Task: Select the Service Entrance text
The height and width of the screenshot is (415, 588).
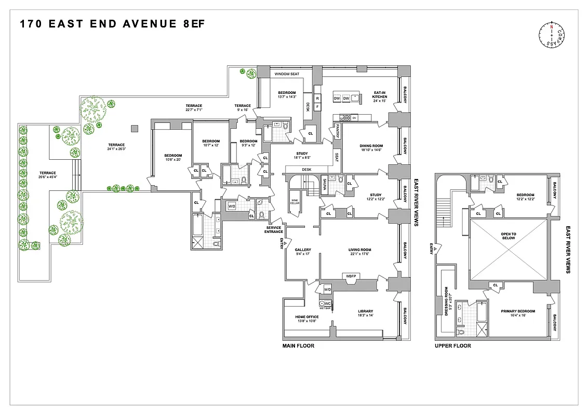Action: (x=274, y=229)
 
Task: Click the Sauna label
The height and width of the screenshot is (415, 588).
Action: (x=324, y=185)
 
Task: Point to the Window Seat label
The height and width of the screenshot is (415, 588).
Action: (x=287, y=74)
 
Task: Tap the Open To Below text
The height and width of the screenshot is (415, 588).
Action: (x=508, y=236)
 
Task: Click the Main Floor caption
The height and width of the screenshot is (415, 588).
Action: (x=298, y=346)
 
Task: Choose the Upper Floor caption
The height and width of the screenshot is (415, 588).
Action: (x=452, y=346)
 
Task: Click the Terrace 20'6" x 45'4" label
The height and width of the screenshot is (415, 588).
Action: (x=47, y=175)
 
